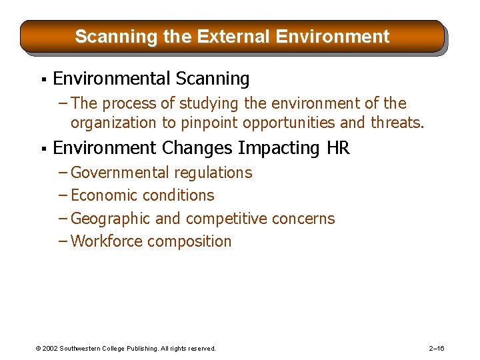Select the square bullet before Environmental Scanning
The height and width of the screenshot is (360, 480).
42,80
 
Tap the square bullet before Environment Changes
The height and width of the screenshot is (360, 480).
42,149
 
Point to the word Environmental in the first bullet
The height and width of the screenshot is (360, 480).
111,79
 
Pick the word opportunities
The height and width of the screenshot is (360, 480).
293,123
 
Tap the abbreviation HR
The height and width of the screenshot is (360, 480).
338,147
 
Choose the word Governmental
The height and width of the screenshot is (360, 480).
120,173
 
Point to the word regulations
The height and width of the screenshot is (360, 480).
213,173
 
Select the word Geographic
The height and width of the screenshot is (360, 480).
110,219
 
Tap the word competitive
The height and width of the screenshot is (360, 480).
230,219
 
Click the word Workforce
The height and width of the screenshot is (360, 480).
106,241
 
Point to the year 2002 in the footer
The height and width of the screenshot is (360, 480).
51,348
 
